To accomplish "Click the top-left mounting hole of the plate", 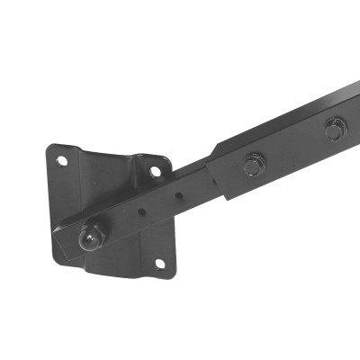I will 62,160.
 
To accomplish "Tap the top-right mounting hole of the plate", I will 156,169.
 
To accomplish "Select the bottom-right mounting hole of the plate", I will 160,263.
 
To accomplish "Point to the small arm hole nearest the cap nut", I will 143,212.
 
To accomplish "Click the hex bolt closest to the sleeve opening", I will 253,165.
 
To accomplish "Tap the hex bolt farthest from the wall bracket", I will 333,131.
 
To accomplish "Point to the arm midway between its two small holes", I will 162,202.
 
